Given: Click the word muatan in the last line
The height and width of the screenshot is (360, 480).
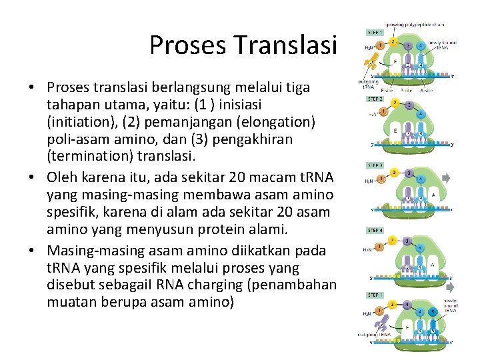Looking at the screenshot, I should coord(70,302).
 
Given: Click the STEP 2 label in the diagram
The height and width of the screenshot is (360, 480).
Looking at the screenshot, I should coord(375,98).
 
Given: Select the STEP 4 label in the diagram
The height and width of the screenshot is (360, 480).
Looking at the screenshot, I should coord(375,231).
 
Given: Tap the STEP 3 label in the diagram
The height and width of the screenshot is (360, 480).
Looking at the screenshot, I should coord(375,165).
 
